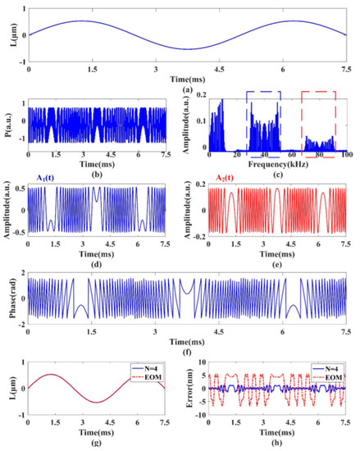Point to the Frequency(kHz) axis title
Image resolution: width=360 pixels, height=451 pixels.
coord(279,165)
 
